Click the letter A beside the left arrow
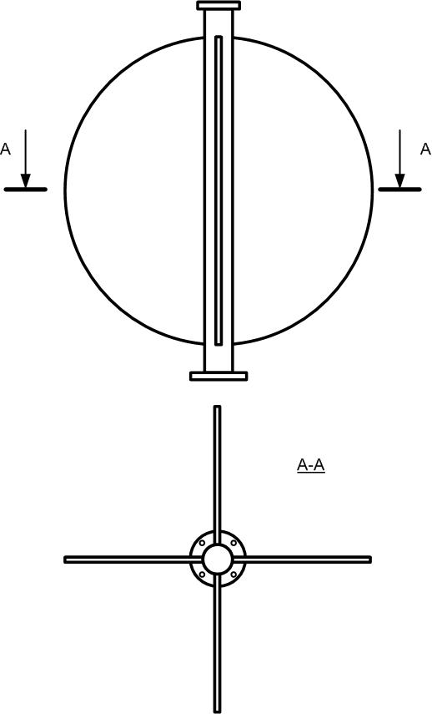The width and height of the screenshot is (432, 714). (5, 149)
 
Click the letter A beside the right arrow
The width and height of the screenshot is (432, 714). (425, 149)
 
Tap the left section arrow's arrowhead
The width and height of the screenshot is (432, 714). (26, 180)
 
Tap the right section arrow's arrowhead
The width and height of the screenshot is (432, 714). (399, 180)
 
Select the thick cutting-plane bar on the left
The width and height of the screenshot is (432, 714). (26, 190)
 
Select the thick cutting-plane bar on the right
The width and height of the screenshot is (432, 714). (399, 190)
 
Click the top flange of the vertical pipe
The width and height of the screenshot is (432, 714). (219, 6)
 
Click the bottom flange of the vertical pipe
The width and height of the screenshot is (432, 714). (219, 376)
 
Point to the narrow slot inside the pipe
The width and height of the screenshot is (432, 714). (219, 190)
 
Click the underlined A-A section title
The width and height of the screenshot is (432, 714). (311, 465)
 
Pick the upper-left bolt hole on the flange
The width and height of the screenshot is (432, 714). (202, 544)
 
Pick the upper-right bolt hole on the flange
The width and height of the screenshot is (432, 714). (234, 544)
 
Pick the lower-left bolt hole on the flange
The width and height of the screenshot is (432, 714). (202, 575)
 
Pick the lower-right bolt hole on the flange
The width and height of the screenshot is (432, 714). (234, 575)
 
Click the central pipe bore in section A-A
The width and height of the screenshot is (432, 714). (218, 560)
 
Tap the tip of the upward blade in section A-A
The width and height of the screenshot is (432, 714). (218, 406)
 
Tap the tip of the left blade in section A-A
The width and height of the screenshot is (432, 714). (65, 560)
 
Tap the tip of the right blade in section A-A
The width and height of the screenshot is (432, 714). (370, 560)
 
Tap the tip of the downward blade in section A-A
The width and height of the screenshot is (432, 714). (218, 711)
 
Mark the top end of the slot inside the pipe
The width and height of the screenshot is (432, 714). (219, 37)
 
